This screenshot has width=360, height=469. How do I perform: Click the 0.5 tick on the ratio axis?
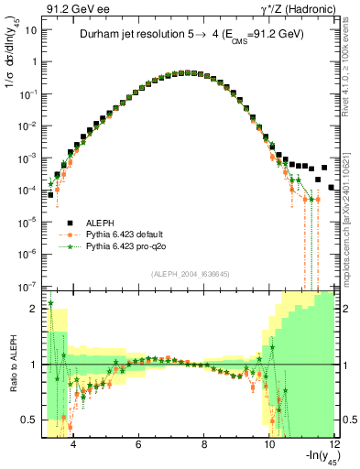coord(30,420)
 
